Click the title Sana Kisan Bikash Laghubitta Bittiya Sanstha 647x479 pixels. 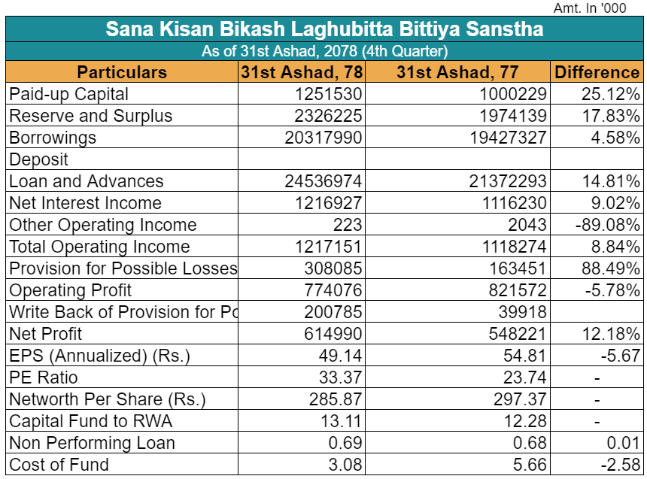324,29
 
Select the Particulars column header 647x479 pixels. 122,72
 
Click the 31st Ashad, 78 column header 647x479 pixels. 302,72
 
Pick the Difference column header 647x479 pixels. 597,72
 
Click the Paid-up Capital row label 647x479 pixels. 69,94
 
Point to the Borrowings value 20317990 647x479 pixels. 323,138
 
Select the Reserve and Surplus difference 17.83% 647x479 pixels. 610,116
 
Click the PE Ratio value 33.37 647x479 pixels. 341,377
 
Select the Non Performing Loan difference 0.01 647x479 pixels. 624,443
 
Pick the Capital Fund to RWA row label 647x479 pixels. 91,421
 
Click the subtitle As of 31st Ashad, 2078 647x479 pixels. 324,52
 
